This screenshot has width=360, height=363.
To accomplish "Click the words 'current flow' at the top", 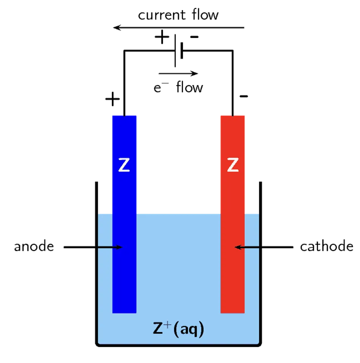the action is [x=178, y=15].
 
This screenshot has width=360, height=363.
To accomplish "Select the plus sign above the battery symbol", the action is [x=162, y=37].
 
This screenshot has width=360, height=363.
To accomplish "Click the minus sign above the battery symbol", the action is [x=194, y=37].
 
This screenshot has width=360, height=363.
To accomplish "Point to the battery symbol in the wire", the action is [x=179, y=50].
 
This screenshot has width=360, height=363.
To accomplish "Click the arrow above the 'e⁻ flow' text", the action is [x=178, y=73].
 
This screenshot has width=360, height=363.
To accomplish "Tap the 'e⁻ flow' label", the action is [x=178, y=87].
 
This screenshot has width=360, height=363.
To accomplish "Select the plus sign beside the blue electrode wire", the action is [x=113, y=99].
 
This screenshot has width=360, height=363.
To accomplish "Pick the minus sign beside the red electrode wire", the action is [x=244, y=96].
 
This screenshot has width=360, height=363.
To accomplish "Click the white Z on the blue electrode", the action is [x=124, y=165].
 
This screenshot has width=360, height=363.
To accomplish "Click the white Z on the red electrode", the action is [x=233, y=165].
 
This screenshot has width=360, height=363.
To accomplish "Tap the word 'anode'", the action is [x=34, y=246].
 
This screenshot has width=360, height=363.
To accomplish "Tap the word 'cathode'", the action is [x=327, y=246].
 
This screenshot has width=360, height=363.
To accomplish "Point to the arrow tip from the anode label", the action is [x=122, y=247].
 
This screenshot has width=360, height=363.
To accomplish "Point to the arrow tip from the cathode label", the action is [x=235, y=247].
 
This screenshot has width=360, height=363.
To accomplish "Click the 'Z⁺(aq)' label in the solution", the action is [x=178, y=329].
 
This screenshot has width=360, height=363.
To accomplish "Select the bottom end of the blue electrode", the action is [x=124, y=313].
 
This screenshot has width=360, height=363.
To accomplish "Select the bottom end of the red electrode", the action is [x=233, y=313].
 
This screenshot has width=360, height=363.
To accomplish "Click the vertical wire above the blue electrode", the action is [x=124, y=83].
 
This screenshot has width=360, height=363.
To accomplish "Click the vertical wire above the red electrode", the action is [x=233, y=83].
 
